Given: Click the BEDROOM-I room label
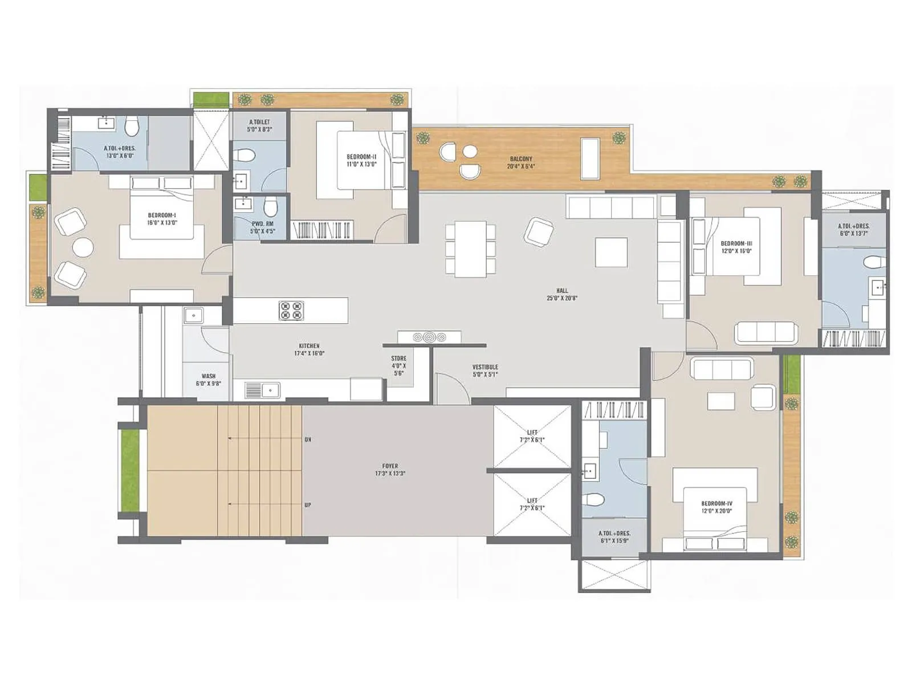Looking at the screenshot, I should pyautogui.click(x=162, y=219).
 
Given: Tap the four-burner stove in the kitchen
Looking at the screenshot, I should pyautogui.click(x=291, y=311).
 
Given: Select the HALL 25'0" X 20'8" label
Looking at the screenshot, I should pyautogui.click(x=562, y=294).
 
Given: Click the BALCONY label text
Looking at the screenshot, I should pyautogui.click(x=520, y=163).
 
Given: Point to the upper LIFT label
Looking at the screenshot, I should pyautogui.click(x=532, y=436).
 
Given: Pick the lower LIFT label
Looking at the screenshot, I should pyautogui.click(x=532, y=504).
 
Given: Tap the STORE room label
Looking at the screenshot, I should pyautogui.click(x=398, y=365).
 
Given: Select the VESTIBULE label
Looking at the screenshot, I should pyautogui.click(x=485, y=370).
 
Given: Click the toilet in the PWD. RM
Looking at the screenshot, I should pyautogui.click(x=271, y=205).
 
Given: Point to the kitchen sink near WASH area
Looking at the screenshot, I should pyautogui.click(x=262, y=390).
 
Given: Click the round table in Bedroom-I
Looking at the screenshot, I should pyautogui.click(x=83, y=247).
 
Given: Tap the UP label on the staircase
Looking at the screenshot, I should pyautogui.click(x=308, y=505).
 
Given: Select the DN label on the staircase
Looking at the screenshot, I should pyautogui.click(x=308, y=439).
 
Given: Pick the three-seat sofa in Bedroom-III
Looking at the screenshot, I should pyautogui.click(x=766, y=332).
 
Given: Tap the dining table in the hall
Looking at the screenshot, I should pyautogui.click(x=470, y=249).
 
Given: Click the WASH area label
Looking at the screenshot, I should pyautogui.click(x=209, y=380).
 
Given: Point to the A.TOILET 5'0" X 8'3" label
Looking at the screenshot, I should pyautogui.click(x=259, y=125).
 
